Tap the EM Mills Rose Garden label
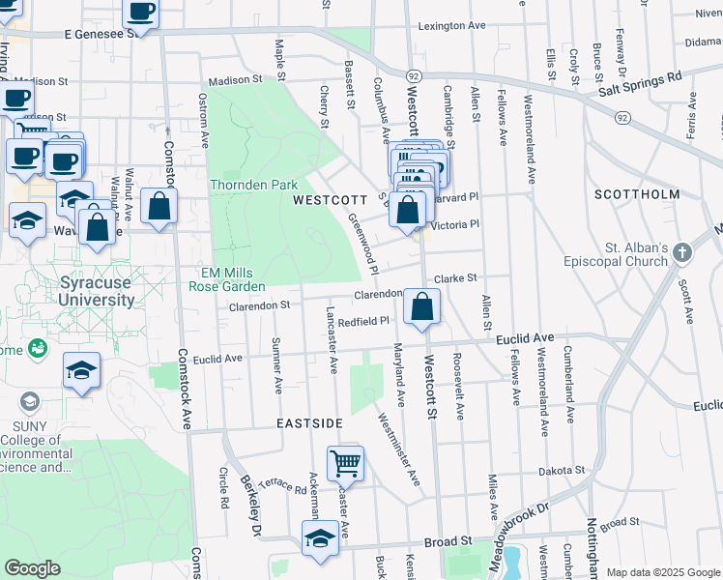point(232,280)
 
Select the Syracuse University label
point(97,292)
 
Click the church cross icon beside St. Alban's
point(683,253)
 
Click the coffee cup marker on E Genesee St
point(141,13)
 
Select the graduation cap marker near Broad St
point(319,539)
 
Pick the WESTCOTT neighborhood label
point(326,200)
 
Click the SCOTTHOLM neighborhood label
point(637,194)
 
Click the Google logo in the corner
point(33,568)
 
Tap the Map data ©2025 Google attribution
point(662,572)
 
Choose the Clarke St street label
point(455,277)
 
